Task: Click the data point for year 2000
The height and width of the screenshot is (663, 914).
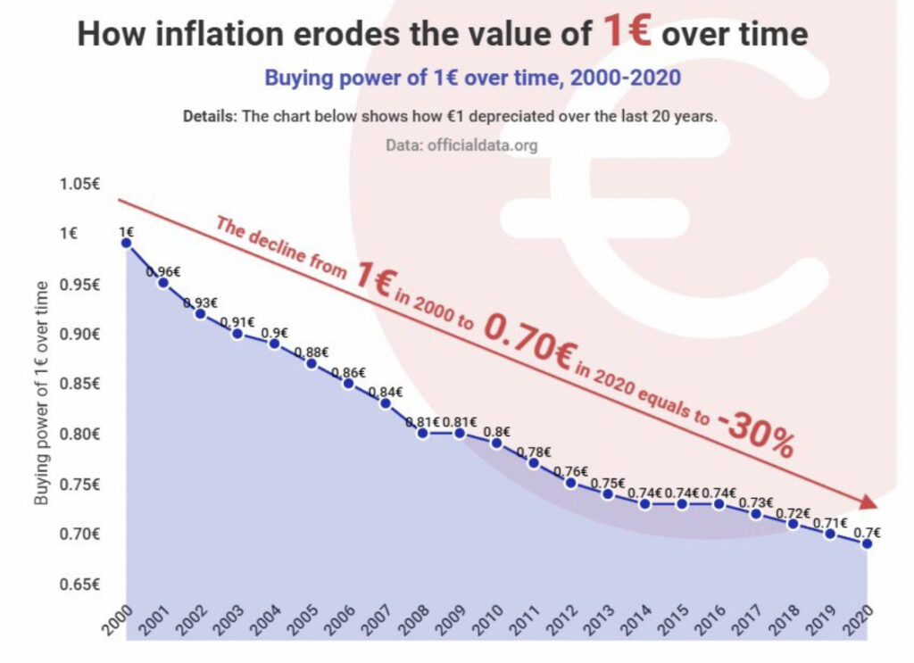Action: (x=127, y=243)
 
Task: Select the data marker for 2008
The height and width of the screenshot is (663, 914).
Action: (x=422, y=433)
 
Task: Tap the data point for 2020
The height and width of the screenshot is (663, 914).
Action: (x=866, y=543)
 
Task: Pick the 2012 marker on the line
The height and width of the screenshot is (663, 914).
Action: (x=570, y=483)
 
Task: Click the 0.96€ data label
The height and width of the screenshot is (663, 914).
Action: (x=164, y=271)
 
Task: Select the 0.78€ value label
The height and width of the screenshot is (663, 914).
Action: (x=534, y=452)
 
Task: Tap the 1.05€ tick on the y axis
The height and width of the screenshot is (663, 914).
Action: (x=79, y=185)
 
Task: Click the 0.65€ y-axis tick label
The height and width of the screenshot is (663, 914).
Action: (x=79, y=584)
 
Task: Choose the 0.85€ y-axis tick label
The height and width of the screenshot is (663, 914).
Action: (x=79, y=385)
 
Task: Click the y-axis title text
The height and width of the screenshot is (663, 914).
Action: (x=41, y=392)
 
